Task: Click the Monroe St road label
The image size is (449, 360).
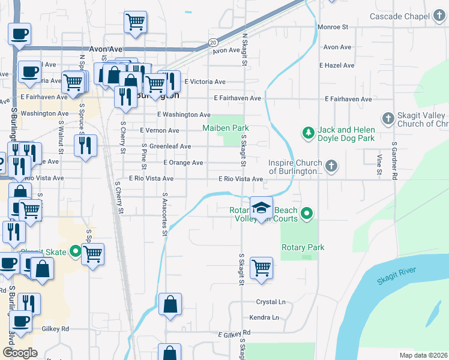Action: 333,27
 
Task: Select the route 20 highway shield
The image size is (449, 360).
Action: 213,42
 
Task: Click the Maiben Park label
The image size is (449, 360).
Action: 225,128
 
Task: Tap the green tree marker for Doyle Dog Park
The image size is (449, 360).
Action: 307,131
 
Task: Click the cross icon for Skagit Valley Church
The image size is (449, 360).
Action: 387,118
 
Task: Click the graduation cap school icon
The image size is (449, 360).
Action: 261,208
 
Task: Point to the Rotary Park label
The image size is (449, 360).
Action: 303,247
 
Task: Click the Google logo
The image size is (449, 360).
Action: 20,353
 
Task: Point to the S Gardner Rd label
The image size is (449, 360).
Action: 394,161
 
